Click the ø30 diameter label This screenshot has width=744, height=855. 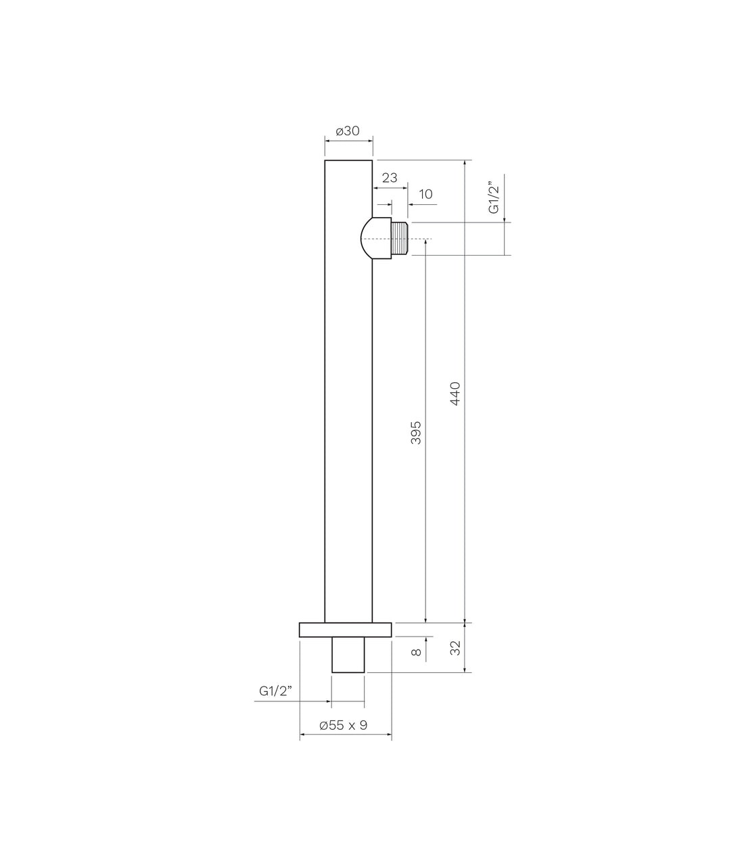pyautogui.click(x=348, y=130)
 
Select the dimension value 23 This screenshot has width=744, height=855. pyautogui.click(x=390, y=178)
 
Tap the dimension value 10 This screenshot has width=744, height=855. pyautogui.click(x=425, y=194)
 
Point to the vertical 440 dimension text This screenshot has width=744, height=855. pyautogui.click(x=455, y=394)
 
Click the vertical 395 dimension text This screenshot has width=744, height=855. pyautogui.click(x=416, y=432)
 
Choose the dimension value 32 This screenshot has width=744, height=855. pyautogui.click(x=455, y=647)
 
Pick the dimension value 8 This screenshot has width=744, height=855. pyautogui.click(x=416, y=652)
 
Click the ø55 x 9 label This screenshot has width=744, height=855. pyautogui.click(x=344, y=725)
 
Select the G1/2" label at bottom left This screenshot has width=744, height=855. pyautogui.click(x=275, y=691)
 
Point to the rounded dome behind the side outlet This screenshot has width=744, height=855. pyautogui.click(x=370, y=238)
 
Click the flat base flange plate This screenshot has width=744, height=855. pyautogui.click(x=346, y=629)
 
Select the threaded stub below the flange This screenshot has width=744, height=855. pyautogui.click(x=348, y=654)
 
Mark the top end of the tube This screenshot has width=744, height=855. pyautogui.click(x=348, y=161)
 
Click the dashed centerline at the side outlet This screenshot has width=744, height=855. pyautogui.click(x=418, y=239)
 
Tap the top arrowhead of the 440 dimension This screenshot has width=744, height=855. pyautogui.click(x=465, y=164)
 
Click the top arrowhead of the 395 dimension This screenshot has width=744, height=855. pyautogui.click(x=425, y=242)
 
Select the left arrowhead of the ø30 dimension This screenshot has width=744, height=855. pyautogui.click(x=328, y=140)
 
